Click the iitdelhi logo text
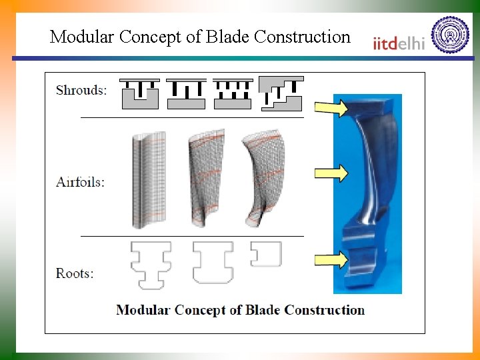[399, 43]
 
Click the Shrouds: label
[81, 90]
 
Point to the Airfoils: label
[81, 181]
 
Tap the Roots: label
[75, 273]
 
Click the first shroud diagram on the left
[140, 94]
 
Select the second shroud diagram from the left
[186, 94]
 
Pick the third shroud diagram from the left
[233, 94]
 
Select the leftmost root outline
[151, 265]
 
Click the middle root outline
[213, 262]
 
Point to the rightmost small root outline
[265, 254]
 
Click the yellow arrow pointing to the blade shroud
[331, 107]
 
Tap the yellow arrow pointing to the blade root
[331, 260]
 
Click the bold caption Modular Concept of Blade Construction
[240, 310]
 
